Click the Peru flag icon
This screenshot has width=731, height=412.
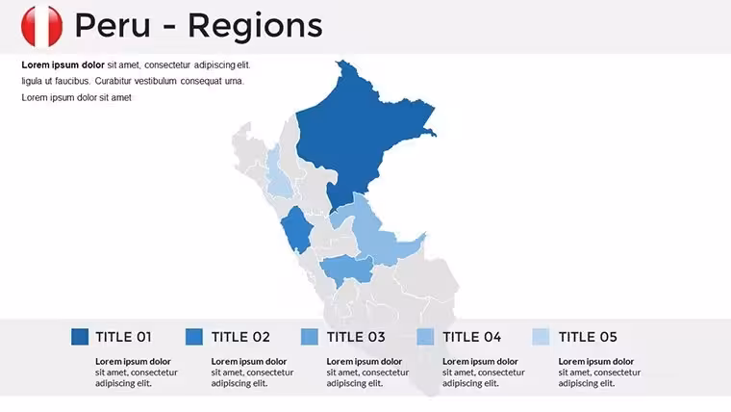(41, 26)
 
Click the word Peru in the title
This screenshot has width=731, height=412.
(113, 26)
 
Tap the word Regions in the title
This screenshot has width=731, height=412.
(255, 27)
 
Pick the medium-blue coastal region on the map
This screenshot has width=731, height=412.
(297, 229)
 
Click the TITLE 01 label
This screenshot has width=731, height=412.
(123, 337)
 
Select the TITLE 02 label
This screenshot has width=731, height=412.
(240, 337)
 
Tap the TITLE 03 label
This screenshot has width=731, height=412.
(356, 337)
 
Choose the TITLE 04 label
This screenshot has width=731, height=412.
(472, 337)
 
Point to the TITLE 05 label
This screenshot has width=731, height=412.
(588, 337)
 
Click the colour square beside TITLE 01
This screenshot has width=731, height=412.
(80, 337)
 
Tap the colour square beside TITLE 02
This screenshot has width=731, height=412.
(194, 337)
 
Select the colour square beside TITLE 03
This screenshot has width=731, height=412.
(310, 337)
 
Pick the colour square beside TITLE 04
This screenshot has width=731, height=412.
(425, 337)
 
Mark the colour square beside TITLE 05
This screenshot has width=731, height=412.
(541, 337)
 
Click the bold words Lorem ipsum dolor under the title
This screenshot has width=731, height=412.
(63, 65)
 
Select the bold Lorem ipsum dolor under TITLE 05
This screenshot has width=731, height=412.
(595, 362)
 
